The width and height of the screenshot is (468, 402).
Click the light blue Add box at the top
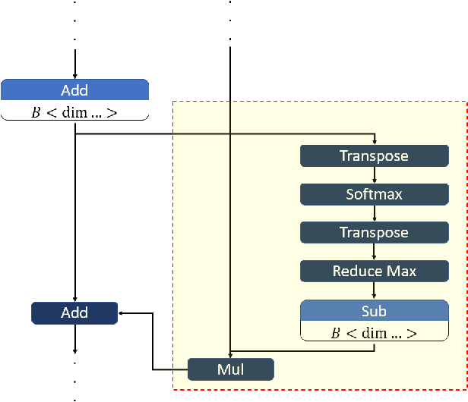click(74, 90)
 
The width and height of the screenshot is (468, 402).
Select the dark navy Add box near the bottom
click(74, 312)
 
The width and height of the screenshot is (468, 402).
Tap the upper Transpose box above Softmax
click(374, 156)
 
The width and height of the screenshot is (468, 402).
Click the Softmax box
click(374, 194)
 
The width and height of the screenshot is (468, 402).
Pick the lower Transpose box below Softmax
click(374, 233)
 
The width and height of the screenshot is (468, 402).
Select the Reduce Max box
click(374, 271)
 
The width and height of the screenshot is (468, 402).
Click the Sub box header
click(374, 311)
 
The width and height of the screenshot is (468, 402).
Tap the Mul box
click(230, 369)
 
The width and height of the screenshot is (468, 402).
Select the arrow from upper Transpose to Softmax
click(374, 175)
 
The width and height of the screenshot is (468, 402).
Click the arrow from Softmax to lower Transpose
click(374, 213)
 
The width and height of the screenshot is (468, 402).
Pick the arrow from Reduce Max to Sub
click(374, 291)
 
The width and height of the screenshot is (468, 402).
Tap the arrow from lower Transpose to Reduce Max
click(374, 252)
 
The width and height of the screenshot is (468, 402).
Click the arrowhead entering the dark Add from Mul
click(123, 312)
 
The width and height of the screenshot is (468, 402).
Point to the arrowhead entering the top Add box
click(74, 74)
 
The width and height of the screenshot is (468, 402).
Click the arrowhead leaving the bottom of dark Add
click(74, 350)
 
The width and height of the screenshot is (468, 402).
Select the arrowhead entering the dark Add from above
click(74, 298)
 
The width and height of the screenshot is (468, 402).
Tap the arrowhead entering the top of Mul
click(230, 355)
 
